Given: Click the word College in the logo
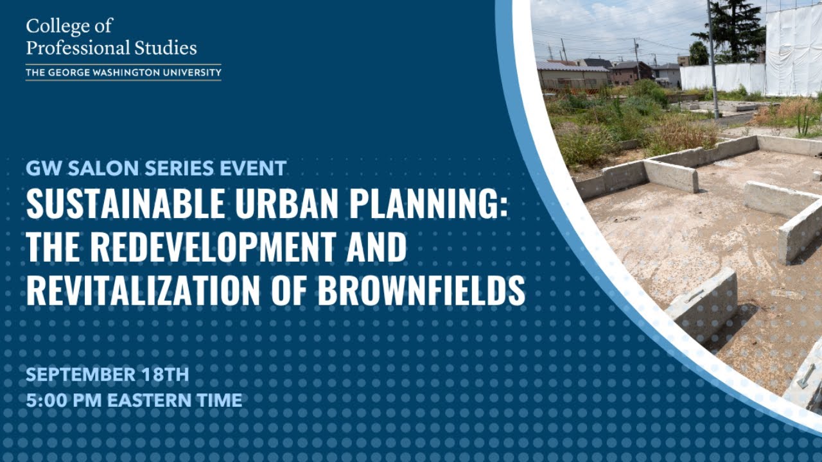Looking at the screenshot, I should tap(51, 27).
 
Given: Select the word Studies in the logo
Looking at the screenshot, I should tap(167, 48).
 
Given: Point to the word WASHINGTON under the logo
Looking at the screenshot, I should tap(111, 73).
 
